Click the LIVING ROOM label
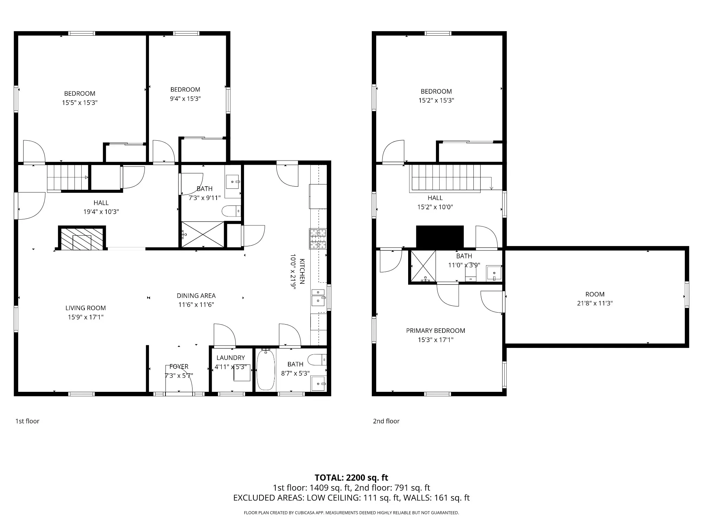85,308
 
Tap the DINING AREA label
196,296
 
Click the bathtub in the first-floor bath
266,370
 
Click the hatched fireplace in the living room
82,238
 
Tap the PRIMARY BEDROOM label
436,331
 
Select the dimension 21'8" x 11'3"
595,303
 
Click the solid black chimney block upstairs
440,237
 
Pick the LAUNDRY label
231,358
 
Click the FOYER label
179,367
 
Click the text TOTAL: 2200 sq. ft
351,478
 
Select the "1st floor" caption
27,421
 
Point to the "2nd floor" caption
386,421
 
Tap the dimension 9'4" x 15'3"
185,99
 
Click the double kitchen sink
318,297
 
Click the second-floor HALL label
435,198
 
